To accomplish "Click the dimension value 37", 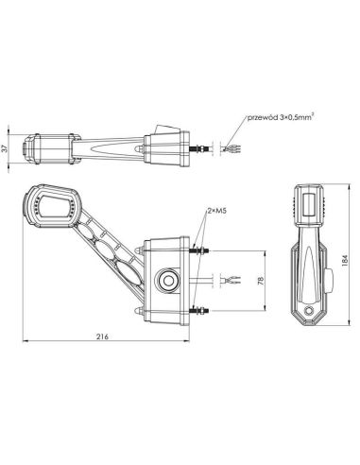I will coord(9,149).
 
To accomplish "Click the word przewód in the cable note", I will coord(262,119).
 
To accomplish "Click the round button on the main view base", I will coord(169,280).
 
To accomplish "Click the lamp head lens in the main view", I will coord(53,203).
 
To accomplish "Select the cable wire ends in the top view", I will coord(224,149).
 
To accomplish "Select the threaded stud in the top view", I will coord(199,148).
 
